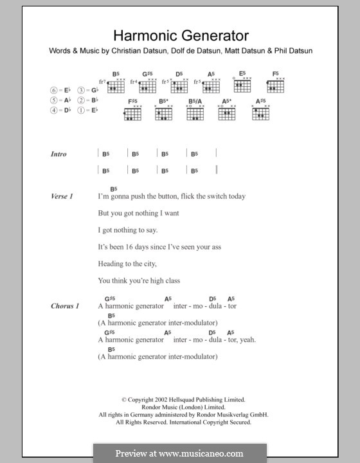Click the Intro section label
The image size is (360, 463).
pos(59,154)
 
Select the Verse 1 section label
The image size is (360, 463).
pos(62,196)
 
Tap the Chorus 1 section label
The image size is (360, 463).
pos(65,306)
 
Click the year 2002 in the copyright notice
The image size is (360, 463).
pos(163,400)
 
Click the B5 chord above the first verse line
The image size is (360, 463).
pos(113,188)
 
